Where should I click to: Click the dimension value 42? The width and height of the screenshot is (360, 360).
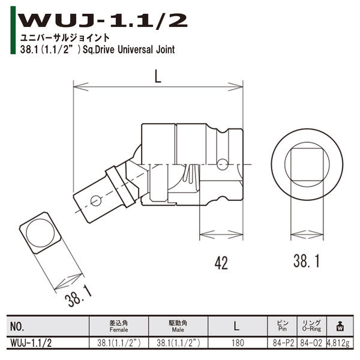click(x=221, y=262)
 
